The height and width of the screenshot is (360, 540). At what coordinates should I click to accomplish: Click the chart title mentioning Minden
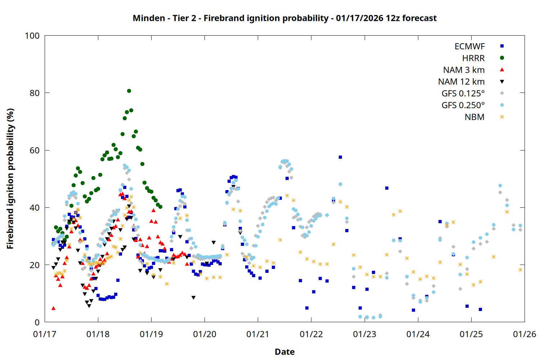(284, 18)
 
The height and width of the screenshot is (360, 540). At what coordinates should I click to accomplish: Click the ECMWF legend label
(469, 46)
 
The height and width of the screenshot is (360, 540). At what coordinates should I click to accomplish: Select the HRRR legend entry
(473, 58)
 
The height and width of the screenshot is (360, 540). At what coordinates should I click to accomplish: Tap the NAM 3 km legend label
(464, 70)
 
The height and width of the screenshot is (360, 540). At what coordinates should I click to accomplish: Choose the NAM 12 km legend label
(461, 82)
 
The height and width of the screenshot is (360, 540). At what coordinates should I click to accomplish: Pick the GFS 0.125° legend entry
(463, 94)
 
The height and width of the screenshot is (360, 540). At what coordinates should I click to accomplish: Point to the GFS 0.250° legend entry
(463, 105)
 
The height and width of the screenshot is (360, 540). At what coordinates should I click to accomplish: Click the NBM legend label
(474, 117)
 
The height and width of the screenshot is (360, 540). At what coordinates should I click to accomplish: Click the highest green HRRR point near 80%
(129, 91)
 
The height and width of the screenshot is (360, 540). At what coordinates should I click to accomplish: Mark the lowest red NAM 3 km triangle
(54, 308)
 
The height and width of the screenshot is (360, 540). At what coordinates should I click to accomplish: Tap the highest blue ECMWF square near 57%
(340, 157)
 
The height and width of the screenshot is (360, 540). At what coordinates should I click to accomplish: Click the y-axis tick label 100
(32, 36)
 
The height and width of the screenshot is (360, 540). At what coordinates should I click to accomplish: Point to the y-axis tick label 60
(35, 150)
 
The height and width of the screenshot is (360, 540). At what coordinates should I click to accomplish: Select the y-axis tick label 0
(37, 323)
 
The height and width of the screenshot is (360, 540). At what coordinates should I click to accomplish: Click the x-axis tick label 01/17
(45, 334)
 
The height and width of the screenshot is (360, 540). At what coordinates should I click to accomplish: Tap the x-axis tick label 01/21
(258, 334)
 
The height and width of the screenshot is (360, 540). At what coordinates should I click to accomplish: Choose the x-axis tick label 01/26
(525, 334)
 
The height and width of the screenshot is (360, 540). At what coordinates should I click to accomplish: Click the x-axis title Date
(284, 352)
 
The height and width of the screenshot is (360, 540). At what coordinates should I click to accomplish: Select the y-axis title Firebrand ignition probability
(10, 179)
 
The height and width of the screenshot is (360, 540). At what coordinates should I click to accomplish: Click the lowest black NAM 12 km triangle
(89, 306)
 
